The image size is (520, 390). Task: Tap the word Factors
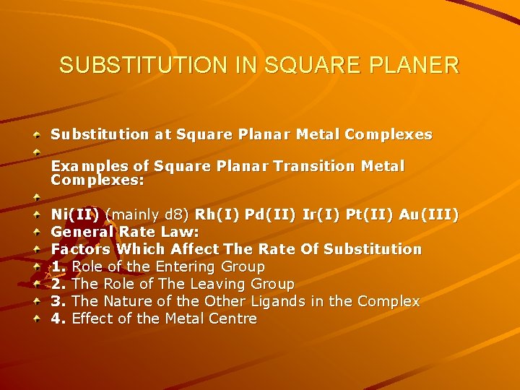pyautogui.click(x=80, y=249)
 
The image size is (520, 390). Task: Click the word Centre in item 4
pyautogui.click(x=232, y=318)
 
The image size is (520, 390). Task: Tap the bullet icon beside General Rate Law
pyautogui.click(x=36, y=232)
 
